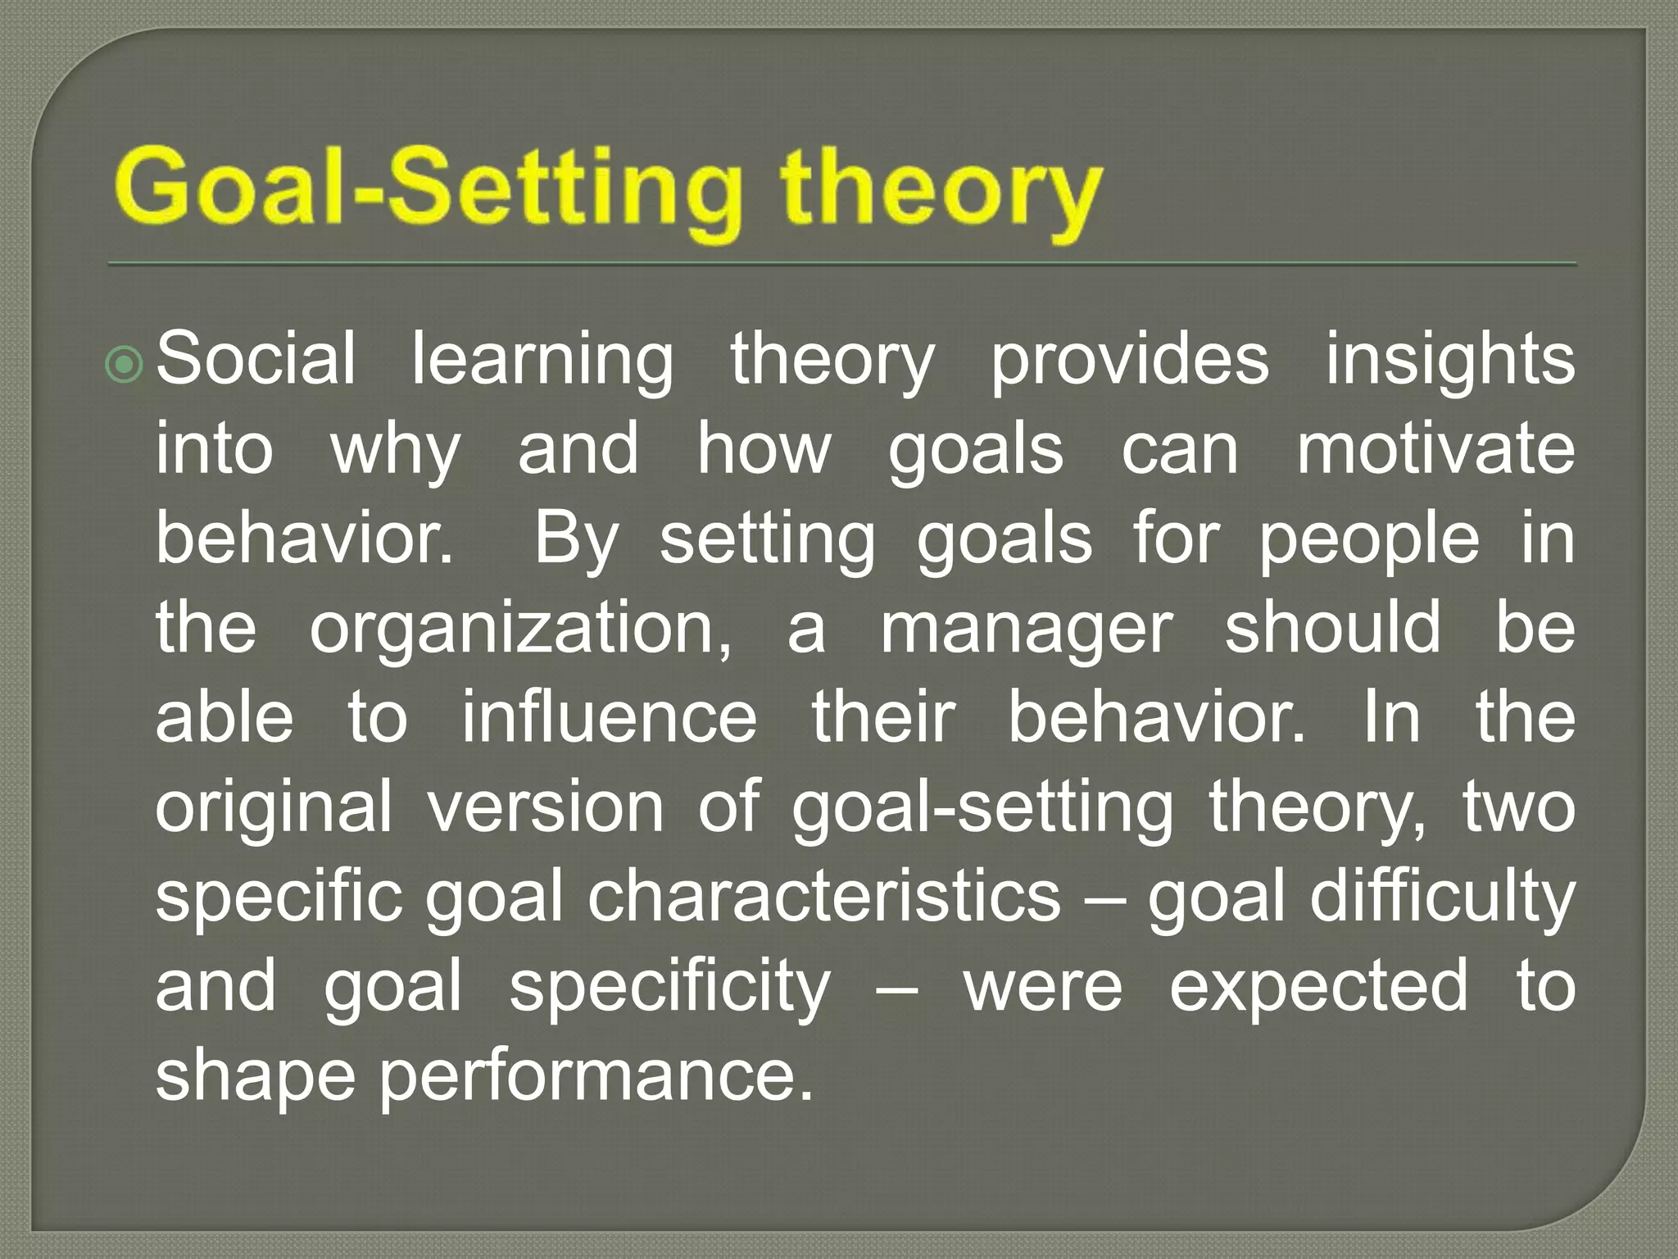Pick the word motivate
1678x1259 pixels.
pyautogui.click(x=1435, y=449)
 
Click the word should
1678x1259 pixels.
pyautogui.click(x=1333, y=627)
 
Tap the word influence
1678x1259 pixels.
pyautogui.click(x=610, y=717)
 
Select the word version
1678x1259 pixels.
pyautogui.click(x=546, y=807)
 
